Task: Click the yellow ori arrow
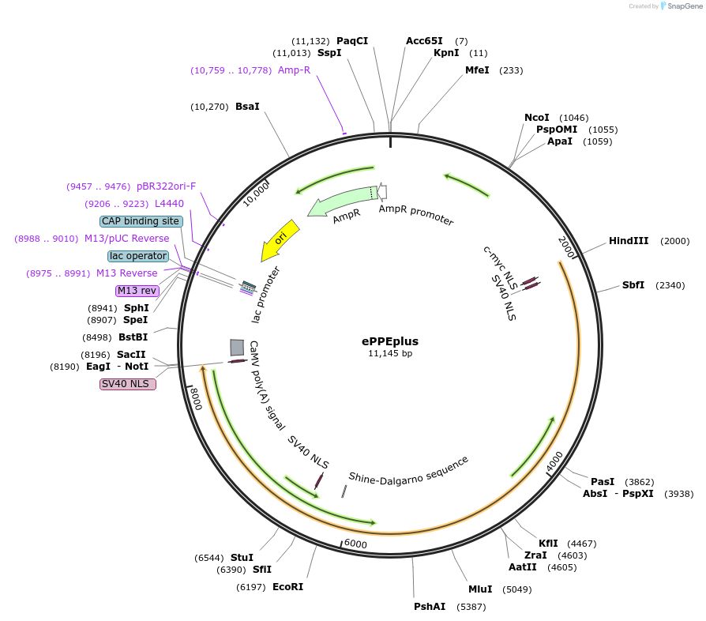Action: (x=281, y=239)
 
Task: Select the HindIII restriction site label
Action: (x=629, y=241)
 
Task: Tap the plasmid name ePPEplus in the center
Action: (x=390, y=341)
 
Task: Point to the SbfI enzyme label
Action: (x=633, y=285)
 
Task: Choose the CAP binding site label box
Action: (x=141, y=221)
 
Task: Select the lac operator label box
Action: (x=138, y=256)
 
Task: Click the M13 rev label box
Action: (x=137, y=291)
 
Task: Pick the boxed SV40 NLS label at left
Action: (x=128, y=384)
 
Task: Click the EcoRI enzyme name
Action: (x=287, y=586)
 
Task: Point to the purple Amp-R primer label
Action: (x=294, y=70)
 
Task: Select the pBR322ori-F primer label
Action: (x=166, y=186)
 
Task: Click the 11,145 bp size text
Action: (x=390, y=353)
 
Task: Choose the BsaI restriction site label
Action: (x=247, y=107)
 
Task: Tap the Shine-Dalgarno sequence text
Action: (x=409, y=469)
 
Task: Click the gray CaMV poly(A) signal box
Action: (x=237, y=347)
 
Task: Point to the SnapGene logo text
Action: (x=682, y=6)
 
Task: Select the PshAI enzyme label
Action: (x=430, y=607)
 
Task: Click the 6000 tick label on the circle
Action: (x=356, y=544)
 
